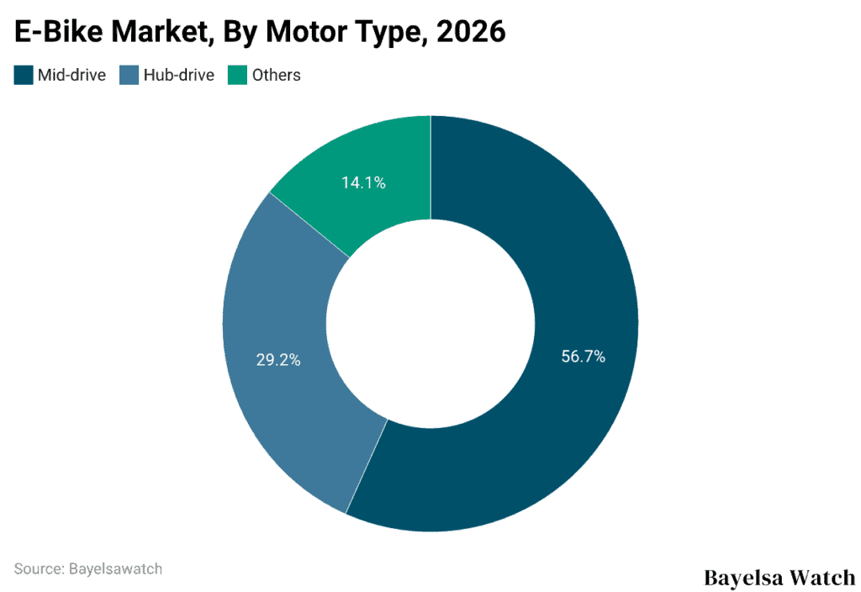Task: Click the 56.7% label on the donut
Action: (x=583, y=357)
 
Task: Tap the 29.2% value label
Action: (x=278, y=360)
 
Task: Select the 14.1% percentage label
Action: (x=363, y=182)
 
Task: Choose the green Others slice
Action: (x=370, y=160)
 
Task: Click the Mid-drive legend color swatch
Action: (x=24, y=75)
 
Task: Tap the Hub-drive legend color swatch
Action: (x=129, y=75)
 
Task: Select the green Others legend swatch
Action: (x=238, y=75)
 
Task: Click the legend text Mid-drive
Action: (x=71, y=75)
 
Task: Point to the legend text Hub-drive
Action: (x=178, y=75)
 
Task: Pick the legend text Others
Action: (x=276, y=75)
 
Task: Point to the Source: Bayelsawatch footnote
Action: (x=88, y=568)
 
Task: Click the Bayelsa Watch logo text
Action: (x=779, y=578)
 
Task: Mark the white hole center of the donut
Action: (x=430, y=324)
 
